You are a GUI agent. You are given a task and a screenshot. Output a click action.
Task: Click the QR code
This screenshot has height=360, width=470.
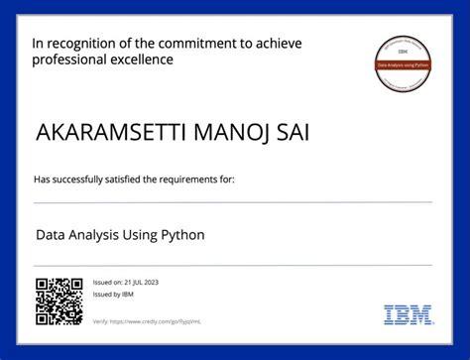click(59, 300)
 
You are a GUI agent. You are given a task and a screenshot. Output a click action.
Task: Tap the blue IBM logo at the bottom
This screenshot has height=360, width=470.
click(409, 315)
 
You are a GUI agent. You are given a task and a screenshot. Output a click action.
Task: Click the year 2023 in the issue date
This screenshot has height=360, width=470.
click(150, 283)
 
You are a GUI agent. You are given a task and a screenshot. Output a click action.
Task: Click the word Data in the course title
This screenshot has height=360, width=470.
click(52, 236)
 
